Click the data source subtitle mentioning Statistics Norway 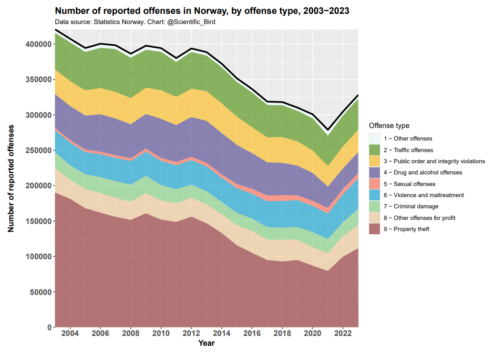pos(138,22)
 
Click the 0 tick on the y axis pos(49,327)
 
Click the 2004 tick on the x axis pos(70,334)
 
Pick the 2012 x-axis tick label pos(192,334)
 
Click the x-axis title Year pos(206,343)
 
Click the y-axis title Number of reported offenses pos(11,178)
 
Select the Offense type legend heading pos(392,126)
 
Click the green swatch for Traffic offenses pos(375,150)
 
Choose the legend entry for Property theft pos(406,229)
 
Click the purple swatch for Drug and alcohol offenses pos(375,172)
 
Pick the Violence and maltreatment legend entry pos(424,195)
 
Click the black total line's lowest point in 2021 pos(328,130)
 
